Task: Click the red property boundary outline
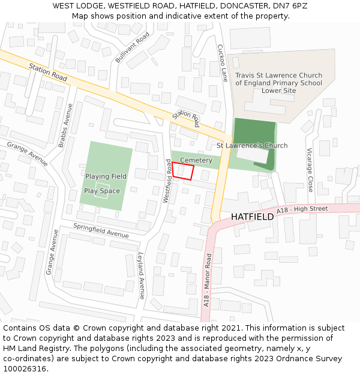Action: click(x=182, y=171)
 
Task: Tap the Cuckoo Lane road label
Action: click(x=223, y=63)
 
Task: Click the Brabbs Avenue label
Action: click(x=65, y=125)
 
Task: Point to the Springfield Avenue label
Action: click(x=101, y=230)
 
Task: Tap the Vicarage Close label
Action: click(x=310, y=170)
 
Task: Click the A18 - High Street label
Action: click(x=303, y=209)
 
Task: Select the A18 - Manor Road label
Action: click(x=208, y=280)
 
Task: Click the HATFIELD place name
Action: click(x=252, y=217)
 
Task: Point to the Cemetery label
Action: click(x=196, y=160)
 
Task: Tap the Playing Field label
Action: click(x=106, y=176)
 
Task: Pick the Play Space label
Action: click(x=101, y=191)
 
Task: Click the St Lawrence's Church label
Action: click(x=251, y=146)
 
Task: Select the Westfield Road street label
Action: click(x=168, y=181)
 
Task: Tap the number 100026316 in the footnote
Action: click(x=24, y=368)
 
